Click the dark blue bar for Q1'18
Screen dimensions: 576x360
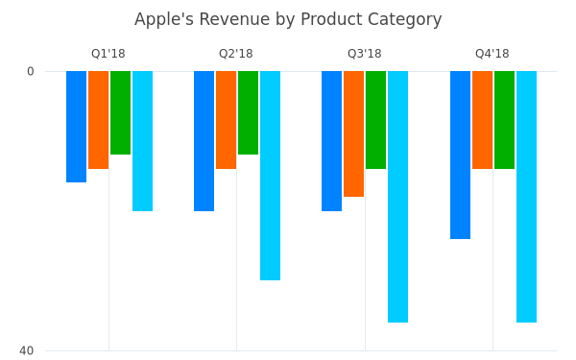coord(77,127)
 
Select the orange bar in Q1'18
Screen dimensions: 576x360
coord(99,120)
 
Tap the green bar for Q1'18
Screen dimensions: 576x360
coord(121,112)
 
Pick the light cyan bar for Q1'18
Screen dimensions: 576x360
coord(142,141)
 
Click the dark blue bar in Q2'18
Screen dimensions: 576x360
coord(204,141)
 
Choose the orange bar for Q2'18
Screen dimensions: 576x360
coord(226,120)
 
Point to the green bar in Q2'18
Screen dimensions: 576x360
coord(248,112)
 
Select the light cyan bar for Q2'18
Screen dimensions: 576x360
coord(270,176)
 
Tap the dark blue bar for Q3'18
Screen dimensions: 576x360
coord(332,141)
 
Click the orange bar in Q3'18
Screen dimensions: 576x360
coord(353,134)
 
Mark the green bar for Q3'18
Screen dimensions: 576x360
coord(375,120)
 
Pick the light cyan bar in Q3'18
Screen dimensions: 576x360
coord(397,197)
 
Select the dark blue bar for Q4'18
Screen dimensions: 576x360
coord(460,155)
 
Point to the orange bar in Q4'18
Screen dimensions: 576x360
coord(482,120)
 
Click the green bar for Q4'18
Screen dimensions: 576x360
coord(504,120)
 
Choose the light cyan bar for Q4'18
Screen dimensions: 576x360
coord(526,197)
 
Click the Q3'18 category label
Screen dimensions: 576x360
coord(365,54)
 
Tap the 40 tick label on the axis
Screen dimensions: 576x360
coord(27,350)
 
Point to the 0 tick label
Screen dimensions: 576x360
coord(31,71)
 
